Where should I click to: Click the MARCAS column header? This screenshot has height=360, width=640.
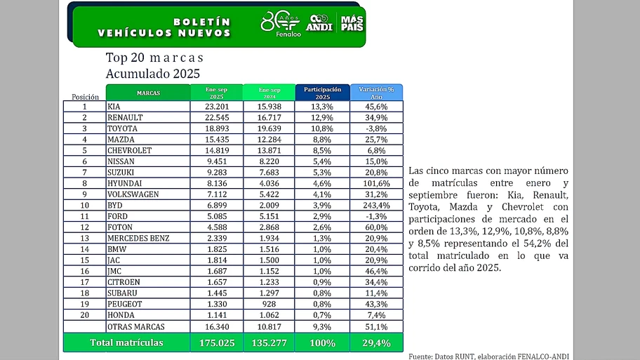[148, 93]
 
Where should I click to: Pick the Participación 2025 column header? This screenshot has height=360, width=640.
[323, 93]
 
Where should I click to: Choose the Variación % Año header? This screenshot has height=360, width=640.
[377, 93]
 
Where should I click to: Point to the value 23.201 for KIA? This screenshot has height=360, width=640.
[216, 107]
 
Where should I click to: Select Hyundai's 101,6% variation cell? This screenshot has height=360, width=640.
[377, 183]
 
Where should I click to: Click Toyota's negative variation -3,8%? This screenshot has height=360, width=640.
[377, 128]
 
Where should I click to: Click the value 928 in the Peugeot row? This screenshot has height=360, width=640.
[269, 304]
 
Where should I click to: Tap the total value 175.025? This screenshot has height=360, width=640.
[216, 342]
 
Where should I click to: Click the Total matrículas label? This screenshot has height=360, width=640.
[126, 342]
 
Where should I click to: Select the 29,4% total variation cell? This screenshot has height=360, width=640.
[377, 342]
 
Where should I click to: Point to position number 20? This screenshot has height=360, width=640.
[84, 315]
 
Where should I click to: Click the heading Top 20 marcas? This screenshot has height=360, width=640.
[154, 58]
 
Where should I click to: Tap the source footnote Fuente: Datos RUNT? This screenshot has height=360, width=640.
[488, 356]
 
